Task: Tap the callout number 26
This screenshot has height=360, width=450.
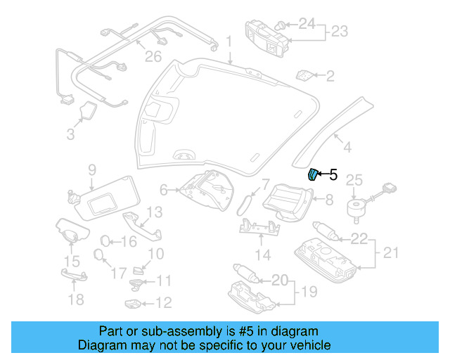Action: pos(153,56)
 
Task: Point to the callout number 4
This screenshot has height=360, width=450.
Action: pos(346,147)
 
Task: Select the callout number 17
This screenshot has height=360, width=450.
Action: pos(120,271)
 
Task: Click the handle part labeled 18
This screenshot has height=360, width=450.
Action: pos(74,280)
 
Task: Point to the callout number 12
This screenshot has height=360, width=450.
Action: pos(162,303)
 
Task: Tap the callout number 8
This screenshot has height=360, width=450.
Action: pos(328,200)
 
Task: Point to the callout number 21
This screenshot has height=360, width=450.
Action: pos(390,252)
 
